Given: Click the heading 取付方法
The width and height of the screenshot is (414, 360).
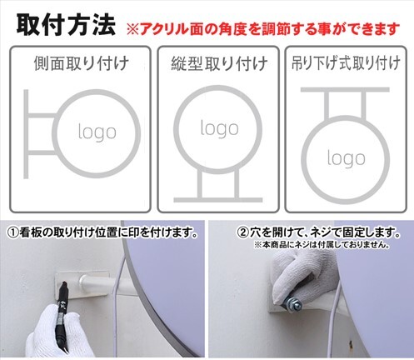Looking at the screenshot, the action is coord(66,26).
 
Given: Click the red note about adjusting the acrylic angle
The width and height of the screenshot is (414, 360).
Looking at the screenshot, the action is coord(263,29).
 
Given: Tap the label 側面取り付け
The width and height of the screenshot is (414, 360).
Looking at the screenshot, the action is coord(82,63).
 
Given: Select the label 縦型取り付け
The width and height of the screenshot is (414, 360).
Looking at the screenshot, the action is coord(219,63).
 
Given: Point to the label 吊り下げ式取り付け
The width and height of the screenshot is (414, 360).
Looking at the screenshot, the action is coord(346,62).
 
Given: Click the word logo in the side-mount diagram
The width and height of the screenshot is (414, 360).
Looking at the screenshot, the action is coord(97,132).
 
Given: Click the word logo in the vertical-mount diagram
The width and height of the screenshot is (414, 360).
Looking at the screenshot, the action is coord(219,129).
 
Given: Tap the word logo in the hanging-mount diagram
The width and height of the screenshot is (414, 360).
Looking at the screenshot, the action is coord(346,158).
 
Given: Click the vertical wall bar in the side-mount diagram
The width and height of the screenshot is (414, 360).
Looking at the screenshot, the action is coord(26,134).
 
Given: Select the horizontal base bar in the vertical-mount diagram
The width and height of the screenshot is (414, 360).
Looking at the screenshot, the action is coord(218,200).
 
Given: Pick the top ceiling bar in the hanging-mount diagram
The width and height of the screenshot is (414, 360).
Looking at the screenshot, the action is coord(345,90).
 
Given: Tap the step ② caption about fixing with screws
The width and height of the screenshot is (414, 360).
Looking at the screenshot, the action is coord(319,232).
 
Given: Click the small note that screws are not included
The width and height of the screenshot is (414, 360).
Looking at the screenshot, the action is coord(322,245).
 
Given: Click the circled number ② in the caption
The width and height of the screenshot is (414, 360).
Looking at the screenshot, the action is coord(243,232).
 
